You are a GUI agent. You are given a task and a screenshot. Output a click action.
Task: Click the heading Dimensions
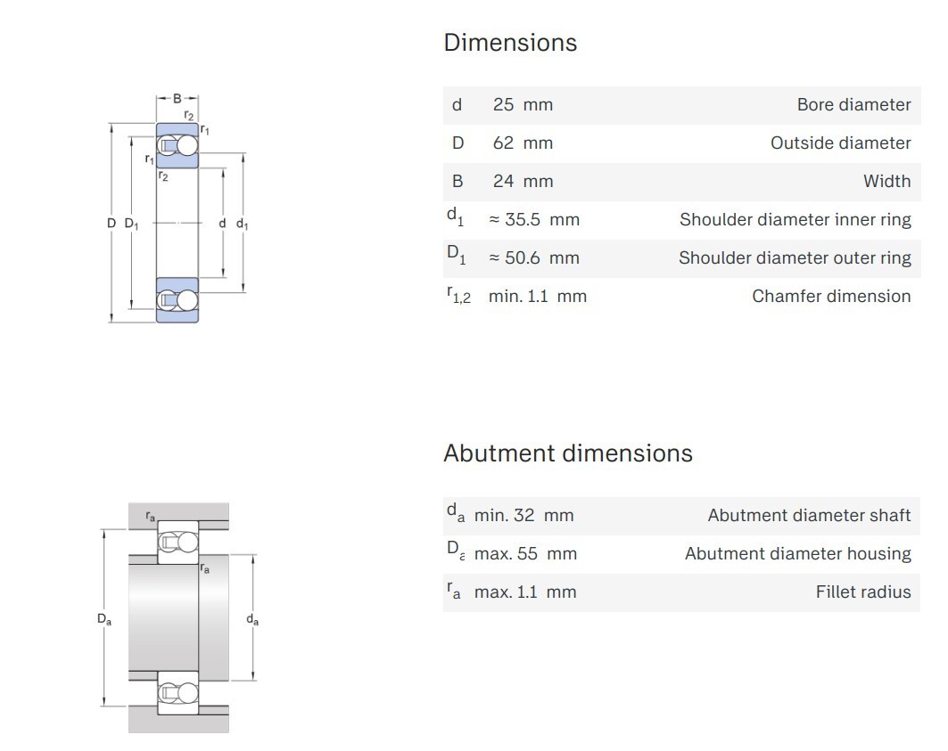510,43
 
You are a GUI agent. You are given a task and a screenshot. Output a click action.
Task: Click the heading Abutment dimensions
568,453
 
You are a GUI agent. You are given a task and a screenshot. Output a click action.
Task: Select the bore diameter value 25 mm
523,104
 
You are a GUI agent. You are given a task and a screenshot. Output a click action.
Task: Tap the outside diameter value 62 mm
523,143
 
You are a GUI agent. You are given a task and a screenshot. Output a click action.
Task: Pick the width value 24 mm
523,181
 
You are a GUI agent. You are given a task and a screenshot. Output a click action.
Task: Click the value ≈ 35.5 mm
534,219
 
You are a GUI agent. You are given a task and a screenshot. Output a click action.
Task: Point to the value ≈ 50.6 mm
534,258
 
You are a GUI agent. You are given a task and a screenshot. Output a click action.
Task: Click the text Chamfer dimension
831,296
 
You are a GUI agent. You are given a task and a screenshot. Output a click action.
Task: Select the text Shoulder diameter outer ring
795,258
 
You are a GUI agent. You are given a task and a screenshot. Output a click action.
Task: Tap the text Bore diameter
853,104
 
